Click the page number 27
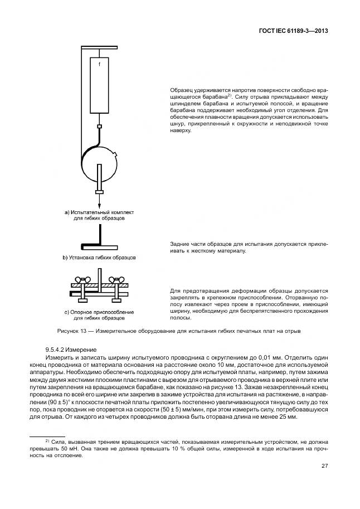click(324, 466)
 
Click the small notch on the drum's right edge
click(116, 154)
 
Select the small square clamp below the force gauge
click(99, 127)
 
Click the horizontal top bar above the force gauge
click(99, 47)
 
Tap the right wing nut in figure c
click(116, 279)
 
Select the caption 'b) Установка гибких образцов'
click(98, 258)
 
